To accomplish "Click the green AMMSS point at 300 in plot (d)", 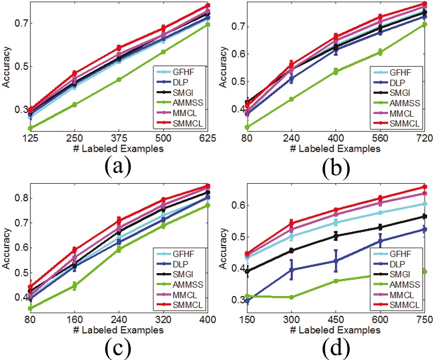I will coord(292,297).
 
